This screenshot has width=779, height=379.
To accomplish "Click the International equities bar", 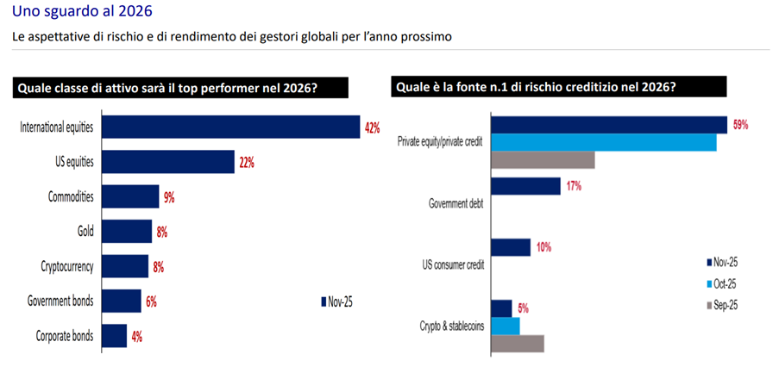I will [230, 127].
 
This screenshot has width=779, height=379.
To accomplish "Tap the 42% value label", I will [372, 128].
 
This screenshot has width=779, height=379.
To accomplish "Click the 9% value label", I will [168, 197].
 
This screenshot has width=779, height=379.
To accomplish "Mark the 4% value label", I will [136, 337].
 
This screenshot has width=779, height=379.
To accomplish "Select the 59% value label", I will [740, 125].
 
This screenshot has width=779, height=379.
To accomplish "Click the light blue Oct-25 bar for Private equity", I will [603, 142].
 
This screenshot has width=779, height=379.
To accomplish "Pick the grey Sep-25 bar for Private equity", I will [542, 159].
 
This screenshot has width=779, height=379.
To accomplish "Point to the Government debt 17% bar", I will [525, 186].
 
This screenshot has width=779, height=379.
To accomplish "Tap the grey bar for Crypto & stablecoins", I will [517, 343].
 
